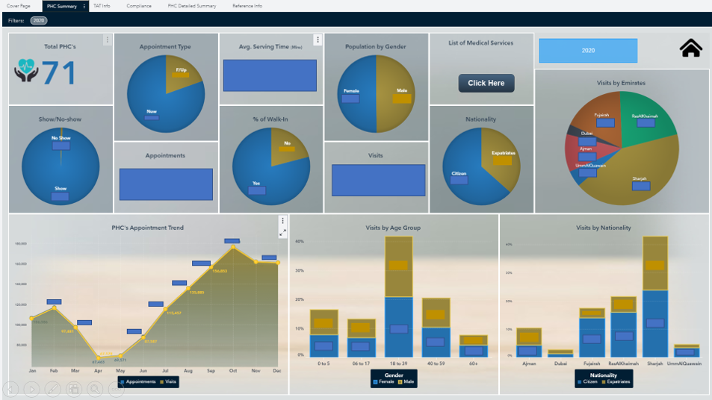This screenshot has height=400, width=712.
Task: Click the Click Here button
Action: click(x=486, y=83)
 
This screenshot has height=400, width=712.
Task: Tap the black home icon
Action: click(x=691, y=49)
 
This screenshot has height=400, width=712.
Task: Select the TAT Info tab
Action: click(x=102, y=6)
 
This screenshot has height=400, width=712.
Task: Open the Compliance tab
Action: click(x=139, y=6)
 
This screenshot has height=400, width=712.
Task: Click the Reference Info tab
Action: click(x=247, y=6)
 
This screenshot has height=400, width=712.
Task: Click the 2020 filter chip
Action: click(x=39, y=21)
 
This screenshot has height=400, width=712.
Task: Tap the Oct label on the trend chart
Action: click(x=232, y=371)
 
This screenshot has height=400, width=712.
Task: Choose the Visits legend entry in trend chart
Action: click(x=168, y=381)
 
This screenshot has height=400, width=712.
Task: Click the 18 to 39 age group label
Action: click(x=399, y=363)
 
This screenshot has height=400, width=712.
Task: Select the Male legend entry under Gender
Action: click(x=409, y=381)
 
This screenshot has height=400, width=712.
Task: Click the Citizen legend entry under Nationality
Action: click(x=586, y=381)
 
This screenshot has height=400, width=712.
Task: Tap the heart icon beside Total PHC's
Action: click(x=26, y=73)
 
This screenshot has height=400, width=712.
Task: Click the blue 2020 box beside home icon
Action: click(x=588, y=51)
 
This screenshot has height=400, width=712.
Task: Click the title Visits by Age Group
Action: click(x=393, y=228)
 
